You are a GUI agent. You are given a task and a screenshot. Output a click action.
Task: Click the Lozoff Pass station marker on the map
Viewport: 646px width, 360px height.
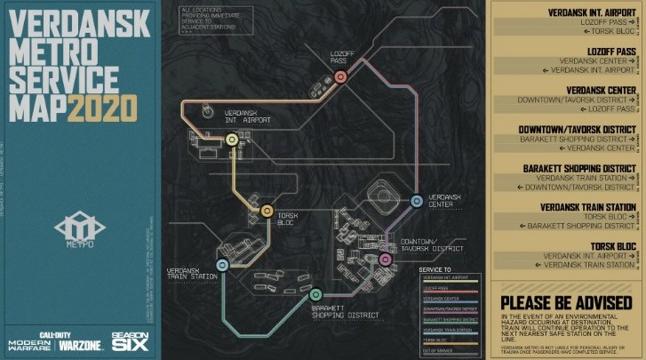(339, 77)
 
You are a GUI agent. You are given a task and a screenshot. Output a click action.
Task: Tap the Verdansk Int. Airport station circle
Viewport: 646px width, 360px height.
(232, 140)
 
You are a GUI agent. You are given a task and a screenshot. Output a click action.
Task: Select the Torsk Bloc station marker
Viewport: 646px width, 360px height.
(267, 211)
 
